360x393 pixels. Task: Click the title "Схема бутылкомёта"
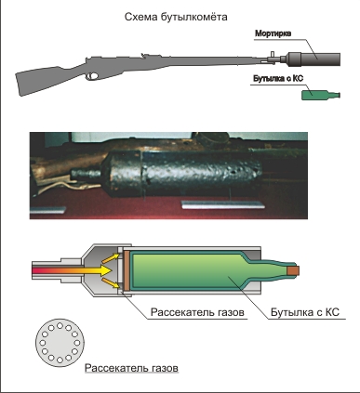tap(176, 17)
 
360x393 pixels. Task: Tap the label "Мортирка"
tap(273, 33)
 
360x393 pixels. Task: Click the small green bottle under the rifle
tap(321, 95)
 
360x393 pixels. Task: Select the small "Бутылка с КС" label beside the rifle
tap(278, 79)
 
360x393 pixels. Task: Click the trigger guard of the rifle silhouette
tap(92, 76)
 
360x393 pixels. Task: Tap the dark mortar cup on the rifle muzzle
tap(313, 59)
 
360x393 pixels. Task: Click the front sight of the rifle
tap(273, 55)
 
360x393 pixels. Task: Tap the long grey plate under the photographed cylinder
tap(223, 204)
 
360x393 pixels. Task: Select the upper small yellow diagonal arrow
tap(111, 258)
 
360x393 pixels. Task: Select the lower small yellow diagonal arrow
tap(111, 282)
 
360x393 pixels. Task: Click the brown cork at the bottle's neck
tap(293, 270)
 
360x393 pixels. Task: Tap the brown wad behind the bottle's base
tap(127, 270)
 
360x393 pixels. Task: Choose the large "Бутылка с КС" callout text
tap(305, 312)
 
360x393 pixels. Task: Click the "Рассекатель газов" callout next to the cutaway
tap(197, 312)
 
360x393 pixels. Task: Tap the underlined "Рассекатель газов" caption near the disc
tap(131, 368)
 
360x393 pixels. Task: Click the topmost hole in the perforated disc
tap(60, 325)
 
